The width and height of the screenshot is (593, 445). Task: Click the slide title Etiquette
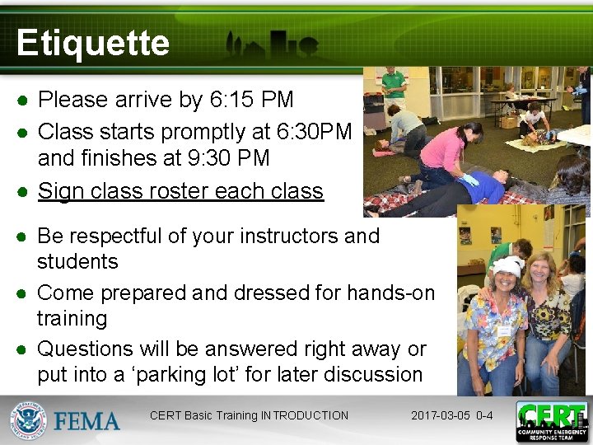[x=92, y=43]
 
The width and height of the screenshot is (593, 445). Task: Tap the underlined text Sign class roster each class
[x=180, y=191]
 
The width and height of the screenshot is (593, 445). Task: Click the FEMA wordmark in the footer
[x=87, y=421]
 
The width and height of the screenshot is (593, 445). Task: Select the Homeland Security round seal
[x=29, y=421]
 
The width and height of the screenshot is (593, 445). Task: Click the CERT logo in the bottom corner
[x=551, y=421]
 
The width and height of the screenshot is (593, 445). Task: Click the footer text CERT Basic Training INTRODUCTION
[x=249, y=415]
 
